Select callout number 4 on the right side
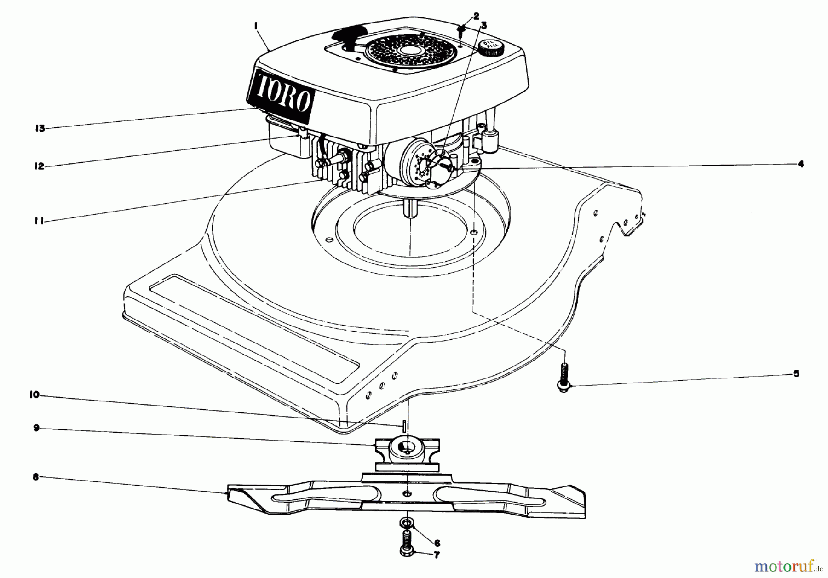[801, 164]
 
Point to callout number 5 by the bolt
[796, 373]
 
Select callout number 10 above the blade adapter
[35, 395]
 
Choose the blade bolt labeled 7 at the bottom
[408, 545]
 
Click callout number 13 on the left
[40, 128]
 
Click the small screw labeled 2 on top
[461, 31]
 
